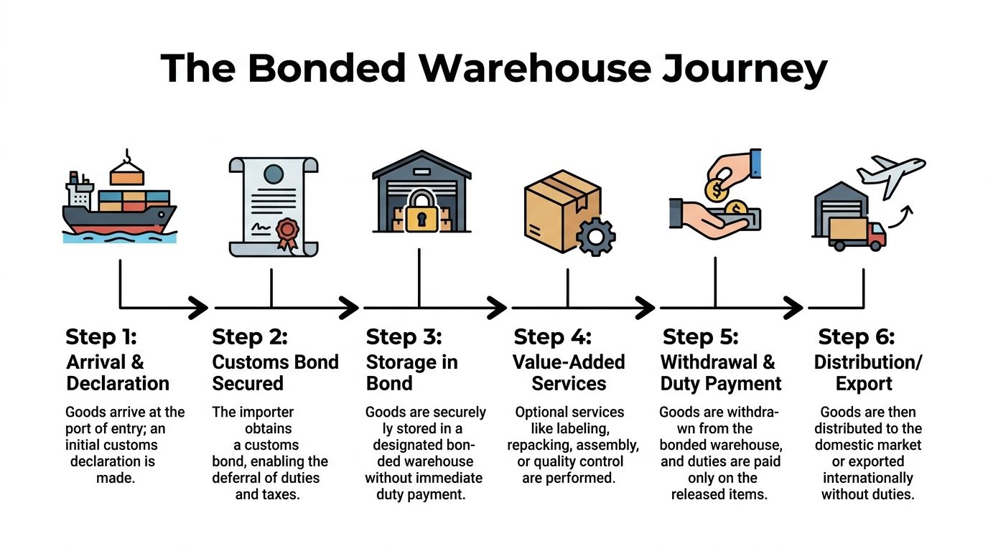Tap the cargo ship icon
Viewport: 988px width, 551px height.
click(118, 204)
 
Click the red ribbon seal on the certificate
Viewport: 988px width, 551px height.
click(286, 232)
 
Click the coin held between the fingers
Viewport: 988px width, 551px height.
click(716, 190)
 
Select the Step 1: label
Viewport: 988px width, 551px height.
click(101, 336)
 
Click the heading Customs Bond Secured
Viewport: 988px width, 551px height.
click(275, 372)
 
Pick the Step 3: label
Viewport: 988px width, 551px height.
click(404, 336)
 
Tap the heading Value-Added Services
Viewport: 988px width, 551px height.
click(569, 372)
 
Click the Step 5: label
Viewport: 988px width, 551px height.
click(700, 336)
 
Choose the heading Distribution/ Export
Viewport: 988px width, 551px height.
click(867, 372)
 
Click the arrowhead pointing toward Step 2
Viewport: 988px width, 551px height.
click(198, 309)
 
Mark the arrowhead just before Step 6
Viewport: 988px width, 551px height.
click(793, 309)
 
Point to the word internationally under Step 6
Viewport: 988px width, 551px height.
click(867, 478)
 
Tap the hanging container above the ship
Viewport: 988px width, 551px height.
click(127, 174)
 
